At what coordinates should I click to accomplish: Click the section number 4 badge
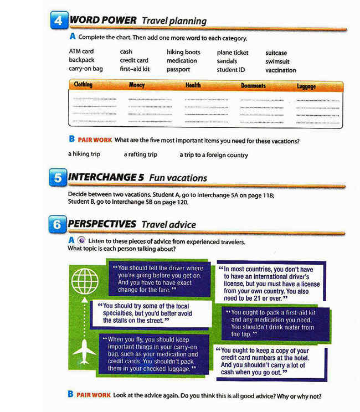click(x=59, y=21)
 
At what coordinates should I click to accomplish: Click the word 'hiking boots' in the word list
click(x=183, y=52)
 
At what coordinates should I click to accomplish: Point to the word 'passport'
click(x=178, y=70)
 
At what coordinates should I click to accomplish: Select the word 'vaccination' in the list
click(x=280, y=70)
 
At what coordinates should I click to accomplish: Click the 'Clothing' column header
click(x=83, y=85)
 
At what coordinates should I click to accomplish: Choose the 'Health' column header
click(x=193, y=86)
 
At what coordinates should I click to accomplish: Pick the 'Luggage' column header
click(x=306, y=86)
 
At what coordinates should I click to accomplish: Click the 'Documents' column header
click(x=253, y=86)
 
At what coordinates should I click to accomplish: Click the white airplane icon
click(x=84, y=351)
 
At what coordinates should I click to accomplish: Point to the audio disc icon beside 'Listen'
click(x=81, y=240)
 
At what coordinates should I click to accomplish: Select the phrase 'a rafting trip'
click(x=141, y=154)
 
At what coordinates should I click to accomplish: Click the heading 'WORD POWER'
click(x=103, y=20)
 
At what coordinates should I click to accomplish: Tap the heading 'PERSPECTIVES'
click(x=102, y=224)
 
